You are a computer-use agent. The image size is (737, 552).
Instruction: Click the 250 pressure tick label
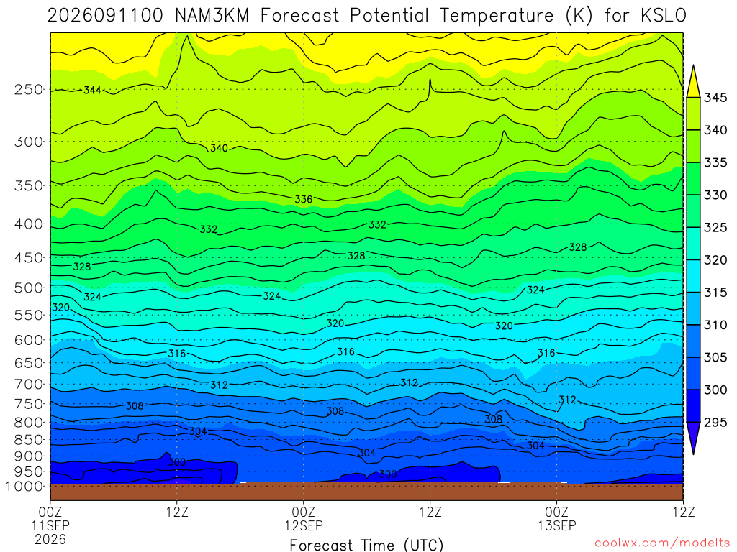(x=29, y=90)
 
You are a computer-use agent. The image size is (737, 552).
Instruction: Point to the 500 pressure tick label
(x=29, y=287)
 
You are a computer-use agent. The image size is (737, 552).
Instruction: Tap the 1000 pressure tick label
(x=25, y=487)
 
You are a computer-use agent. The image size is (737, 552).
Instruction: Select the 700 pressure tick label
(x=29, y=385)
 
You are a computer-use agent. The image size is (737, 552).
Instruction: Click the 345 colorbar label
(x=715, y=98)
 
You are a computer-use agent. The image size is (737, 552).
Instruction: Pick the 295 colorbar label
(x=715, y=423)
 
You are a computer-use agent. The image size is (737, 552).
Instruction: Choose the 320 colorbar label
(x=715, y=260)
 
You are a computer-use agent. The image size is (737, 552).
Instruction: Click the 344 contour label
(x=92, y=90)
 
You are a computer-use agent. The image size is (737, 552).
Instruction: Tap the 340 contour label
(x=219, y=148)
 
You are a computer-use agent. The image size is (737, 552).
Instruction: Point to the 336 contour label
(x=304, y=199)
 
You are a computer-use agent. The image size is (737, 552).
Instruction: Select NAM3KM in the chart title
(x=212, y=16)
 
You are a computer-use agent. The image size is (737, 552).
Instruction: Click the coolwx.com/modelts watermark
(x=662, y=543)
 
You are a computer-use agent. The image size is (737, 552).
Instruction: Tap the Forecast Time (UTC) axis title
(x=366, y=545)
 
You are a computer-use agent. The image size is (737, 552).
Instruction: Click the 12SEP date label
(x=304, y=525)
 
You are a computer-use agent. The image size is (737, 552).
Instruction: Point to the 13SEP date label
(x=557, y=525)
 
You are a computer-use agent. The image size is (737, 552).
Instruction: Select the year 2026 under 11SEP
(x=50, y=539)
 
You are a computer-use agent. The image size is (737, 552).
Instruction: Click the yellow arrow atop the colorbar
(x=693, y=81)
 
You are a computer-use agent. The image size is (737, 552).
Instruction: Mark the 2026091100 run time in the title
(x=105, y=16)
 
